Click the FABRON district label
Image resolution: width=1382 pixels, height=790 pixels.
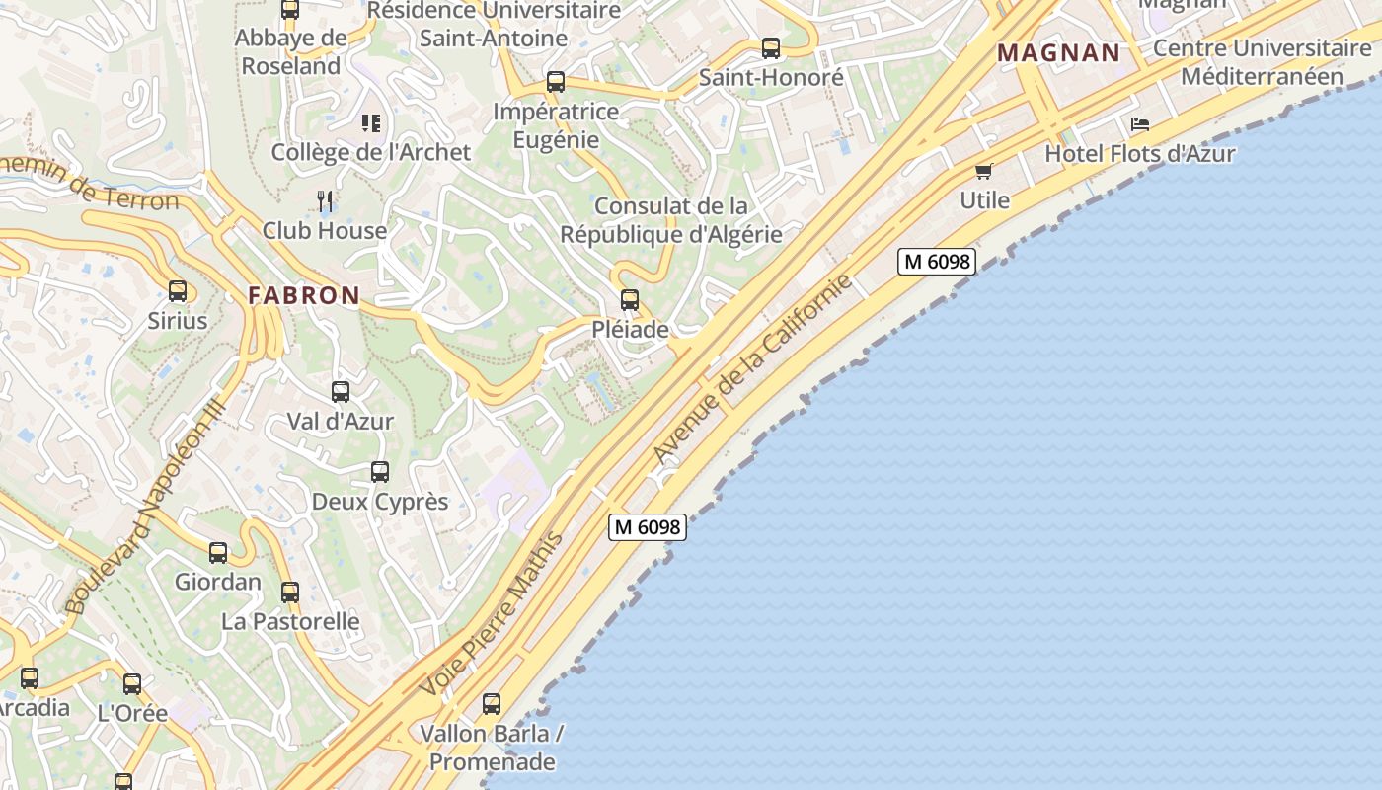[304, 295]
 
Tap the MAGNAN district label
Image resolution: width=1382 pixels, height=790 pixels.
[1059, 53]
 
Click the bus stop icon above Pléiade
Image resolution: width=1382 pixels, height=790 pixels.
[630, 300]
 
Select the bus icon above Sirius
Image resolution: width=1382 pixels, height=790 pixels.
[178, 291]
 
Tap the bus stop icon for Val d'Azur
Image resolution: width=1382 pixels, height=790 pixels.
[341, 392]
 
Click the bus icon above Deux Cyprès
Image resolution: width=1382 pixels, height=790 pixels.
[380, 472]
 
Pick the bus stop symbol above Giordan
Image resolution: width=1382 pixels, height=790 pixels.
[218, 553]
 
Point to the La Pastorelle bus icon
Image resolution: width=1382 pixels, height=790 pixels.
[290, 592]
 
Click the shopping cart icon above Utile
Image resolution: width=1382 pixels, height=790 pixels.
[984, 172]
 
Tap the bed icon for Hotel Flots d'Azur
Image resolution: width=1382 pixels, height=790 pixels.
[1140, 124]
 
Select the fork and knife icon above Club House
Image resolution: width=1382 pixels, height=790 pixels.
[325, 201]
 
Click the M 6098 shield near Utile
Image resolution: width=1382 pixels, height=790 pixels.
[937, 262]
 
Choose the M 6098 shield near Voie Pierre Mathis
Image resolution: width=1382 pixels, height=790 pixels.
[647, 527]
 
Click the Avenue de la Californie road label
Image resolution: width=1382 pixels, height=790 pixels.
[752, 369]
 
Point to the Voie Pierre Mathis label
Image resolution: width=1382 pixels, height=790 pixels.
[491, 614]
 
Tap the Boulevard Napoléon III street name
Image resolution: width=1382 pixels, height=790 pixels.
[145, 506]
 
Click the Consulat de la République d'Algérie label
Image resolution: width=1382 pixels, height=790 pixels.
[671, 220]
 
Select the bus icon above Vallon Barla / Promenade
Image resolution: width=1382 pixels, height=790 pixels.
[492, 704]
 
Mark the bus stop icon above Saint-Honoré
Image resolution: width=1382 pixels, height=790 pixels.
[771, 47]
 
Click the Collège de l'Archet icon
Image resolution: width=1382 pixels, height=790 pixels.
[371, 123]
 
